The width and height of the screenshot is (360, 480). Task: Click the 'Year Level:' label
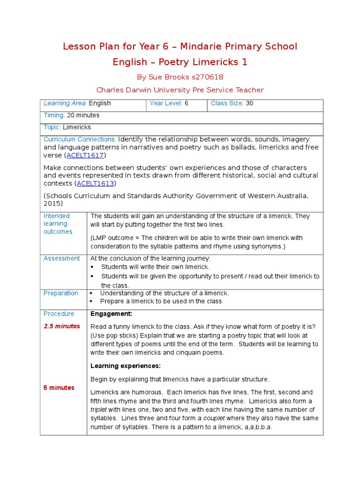[165, 104]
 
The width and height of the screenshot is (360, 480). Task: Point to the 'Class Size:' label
[227, 104]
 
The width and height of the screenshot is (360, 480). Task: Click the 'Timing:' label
[54, 115]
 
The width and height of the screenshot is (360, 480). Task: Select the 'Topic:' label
[52, 127]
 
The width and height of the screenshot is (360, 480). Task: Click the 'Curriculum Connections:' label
[80, 140]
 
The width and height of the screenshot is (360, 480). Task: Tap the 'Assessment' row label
[61, 258]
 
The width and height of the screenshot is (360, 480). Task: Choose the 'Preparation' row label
[60, 293]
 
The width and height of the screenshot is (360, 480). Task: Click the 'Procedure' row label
[59, 314]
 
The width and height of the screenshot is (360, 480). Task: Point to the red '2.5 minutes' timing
[62, 326]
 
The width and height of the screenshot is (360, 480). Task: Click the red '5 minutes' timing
[59, 388]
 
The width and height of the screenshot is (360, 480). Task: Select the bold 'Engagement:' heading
[111, 314]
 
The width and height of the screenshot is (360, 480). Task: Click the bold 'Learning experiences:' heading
[125, 366]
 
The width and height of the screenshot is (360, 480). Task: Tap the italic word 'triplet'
[99, 409]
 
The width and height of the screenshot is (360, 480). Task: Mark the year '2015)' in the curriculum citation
[53, 204]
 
